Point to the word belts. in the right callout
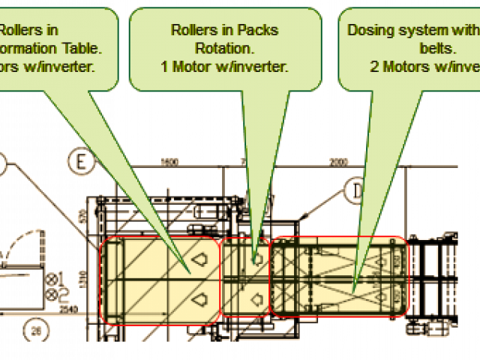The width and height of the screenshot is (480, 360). [x=435, y=48]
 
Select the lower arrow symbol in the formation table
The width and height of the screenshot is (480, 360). [x=199, y=300]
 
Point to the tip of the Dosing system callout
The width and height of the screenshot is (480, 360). [x=353, y=290]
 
